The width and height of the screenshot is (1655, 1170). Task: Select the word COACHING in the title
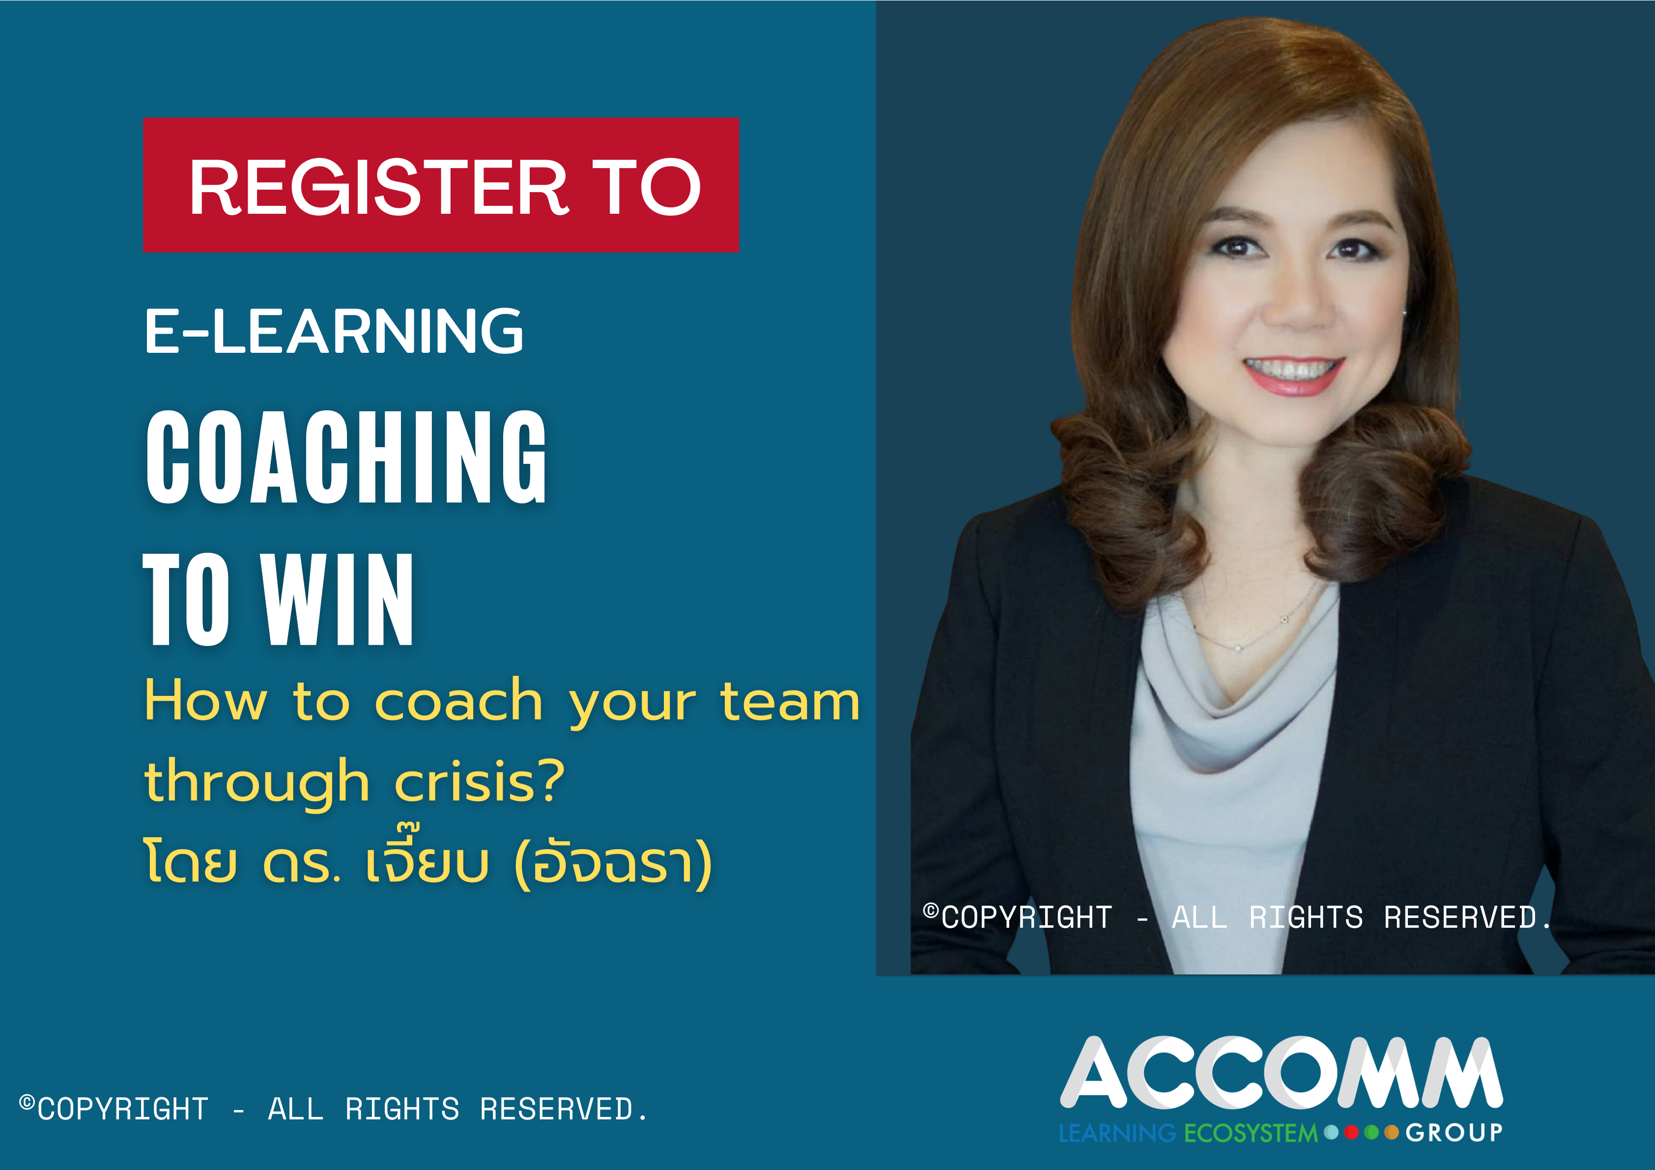click(x=346, y=457)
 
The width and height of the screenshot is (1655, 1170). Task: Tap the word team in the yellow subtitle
click(x=790, y=701)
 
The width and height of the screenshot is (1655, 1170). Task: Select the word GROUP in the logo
click(x=1454, y=1133)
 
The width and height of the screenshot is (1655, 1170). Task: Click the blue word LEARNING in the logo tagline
click(x=1117, y=1133)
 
